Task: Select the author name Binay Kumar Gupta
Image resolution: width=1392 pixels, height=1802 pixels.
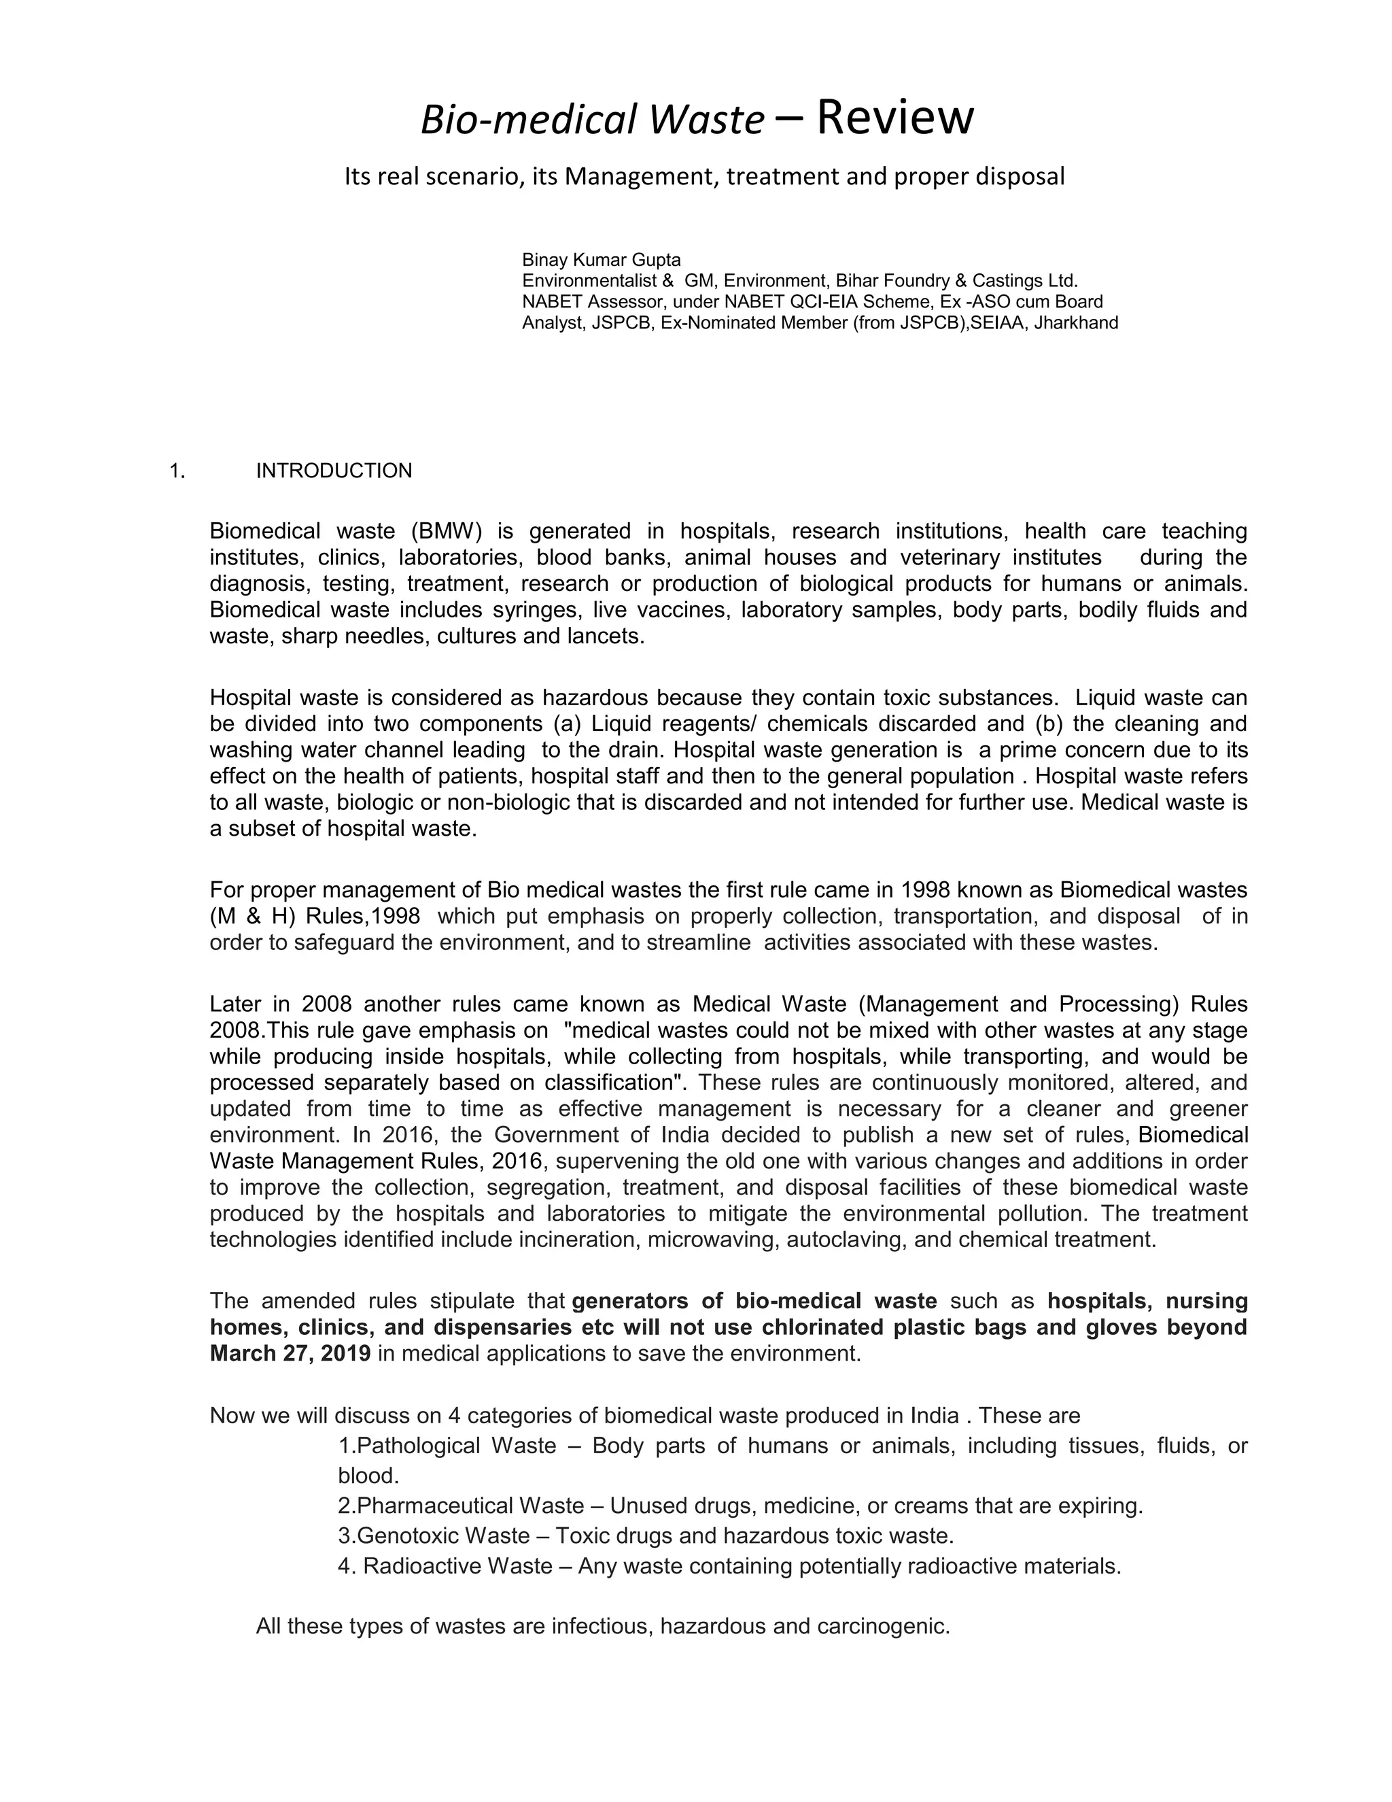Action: pos(601,260)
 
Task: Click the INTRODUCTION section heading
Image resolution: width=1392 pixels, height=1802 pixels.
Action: pos(334,471)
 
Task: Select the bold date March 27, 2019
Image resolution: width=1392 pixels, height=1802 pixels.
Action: pos(290,1354)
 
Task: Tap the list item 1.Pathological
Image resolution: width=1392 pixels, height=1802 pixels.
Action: pos(406,1446)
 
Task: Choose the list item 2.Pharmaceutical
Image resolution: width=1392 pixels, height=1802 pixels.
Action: pos(424,1506)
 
